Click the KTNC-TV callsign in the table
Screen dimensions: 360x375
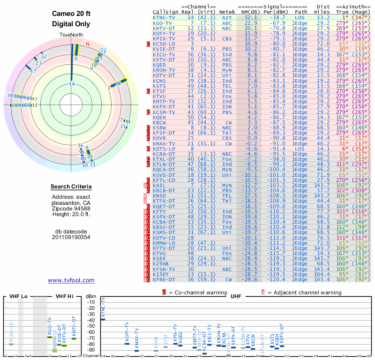[164, 17]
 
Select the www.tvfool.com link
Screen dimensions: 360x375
[71, 280]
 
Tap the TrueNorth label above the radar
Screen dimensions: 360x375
[71, 36]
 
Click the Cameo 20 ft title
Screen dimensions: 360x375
[71, 13]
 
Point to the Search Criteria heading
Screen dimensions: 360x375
[71, 187]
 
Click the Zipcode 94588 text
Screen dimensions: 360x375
[71, 209]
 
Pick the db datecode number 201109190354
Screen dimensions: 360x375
[71, 237]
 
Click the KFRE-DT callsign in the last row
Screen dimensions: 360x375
[164, 279]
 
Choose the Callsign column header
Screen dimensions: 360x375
[166, 12]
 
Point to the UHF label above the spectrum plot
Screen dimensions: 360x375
[236, 297]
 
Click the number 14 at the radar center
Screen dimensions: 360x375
[72, 84]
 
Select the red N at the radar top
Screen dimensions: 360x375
[87, 45]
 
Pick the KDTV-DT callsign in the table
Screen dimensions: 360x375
[164, 75]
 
